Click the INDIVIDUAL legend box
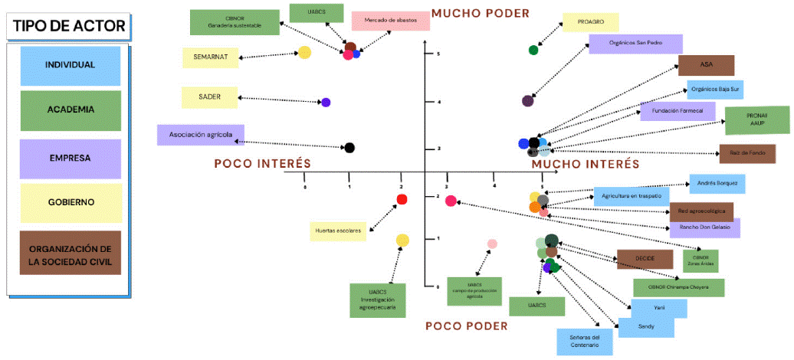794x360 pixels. [x=71, y=66]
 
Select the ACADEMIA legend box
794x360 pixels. [x=71, y=110]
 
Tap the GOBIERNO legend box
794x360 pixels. [x=71, y=202]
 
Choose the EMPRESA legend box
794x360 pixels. [x=71, y=158]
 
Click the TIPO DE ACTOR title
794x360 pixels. [x=69, y=27]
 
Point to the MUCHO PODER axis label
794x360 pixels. [x=480, y=13]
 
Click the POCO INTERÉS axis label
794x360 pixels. [x=261, y=163]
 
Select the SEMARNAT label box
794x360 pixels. [x=210, y=57]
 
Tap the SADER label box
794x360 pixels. [x=209, y=98]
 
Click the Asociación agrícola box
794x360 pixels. [x=200, y=135]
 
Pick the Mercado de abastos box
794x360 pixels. [x=390, y=21]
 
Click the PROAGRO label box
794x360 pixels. [x=589, y=23]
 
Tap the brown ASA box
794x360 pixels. [x=706, y=65]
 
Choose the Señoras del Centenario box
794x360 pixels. [x=585, y=341]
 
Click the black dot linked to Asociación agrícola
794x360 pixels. [x=349, y=148]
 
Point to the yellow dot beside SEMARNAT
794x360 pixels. [x=304, y=53]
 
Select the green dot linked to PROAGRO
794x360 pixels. [x=533, y=51]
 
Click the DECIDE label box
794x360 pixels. [x=645, y=259]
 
